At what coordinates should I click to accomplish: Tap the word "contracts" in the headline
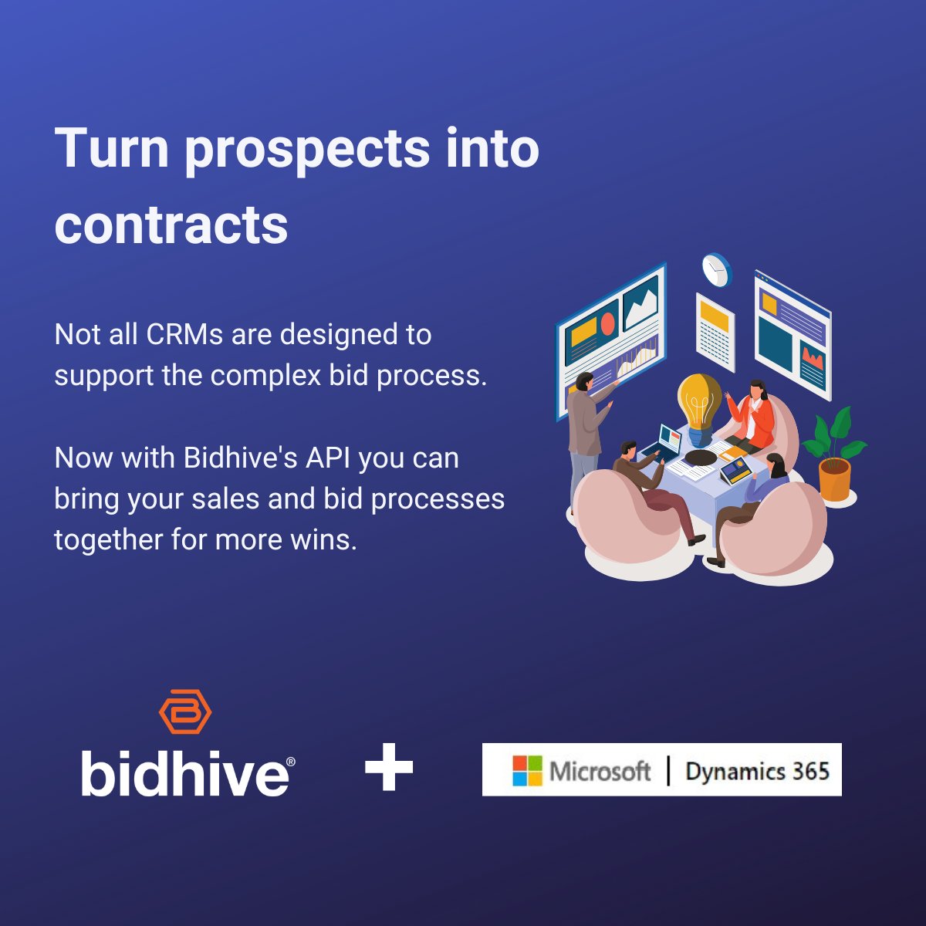(x=171, y=225)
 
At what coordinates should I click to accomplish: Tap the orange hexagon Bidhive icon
(x=185, y=711)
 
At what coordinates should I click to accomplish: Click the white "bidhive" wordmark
(x=184, y=774)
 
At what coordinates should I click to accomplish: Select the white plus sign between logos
(x=389, y=768)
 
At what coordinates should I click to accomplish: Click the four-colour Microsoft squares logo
(x=528, y=770)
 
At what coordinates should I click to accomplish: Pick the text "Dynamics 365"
(x=757, y=771)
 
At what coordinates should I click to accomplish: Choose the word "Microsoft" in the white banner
(x=600, y=771)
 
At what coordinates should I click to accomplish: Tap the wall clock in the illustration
(x=716, y=269)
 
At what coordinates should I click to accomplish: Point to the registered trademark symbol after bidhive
(x=290, y=762)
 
